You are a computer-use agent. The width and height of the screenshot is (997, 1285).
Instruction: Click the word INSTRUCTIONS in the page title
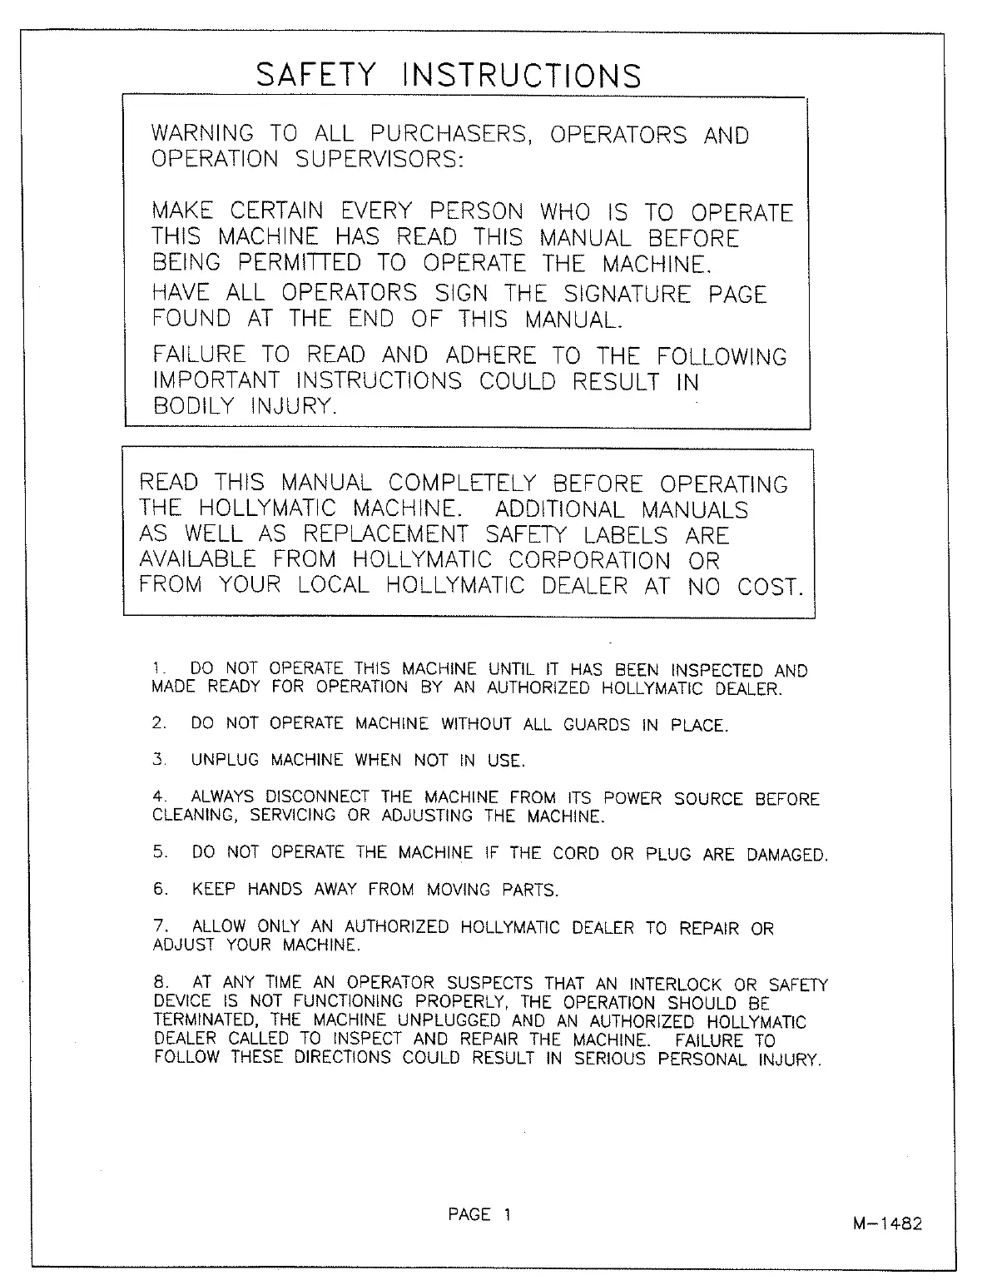pyautogui.click(x=522, y=76)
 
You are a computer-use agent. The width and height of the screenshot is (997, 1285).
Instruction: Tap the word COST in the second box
pyautogui.click(x=769, y=587)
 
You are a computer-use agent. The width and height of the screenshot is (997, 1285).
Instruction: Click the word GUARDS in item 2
pyautogui.click(x=597, y=725)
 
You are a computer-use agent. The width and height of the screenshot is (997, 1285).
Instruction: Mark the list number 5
pyautogui.click(x=160, y=852)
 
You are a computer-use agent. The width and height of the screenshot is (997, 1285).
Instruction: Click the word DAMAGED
pyautogui.click(x=786, y=855)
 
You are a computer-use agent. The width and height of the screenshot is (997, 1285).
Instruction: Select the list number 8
pyautogui.click(x=160, y=984)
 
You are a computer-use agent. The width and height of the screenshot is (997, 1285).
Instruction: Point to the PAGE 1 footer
pyautogui.click(x=479, y=1215)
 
